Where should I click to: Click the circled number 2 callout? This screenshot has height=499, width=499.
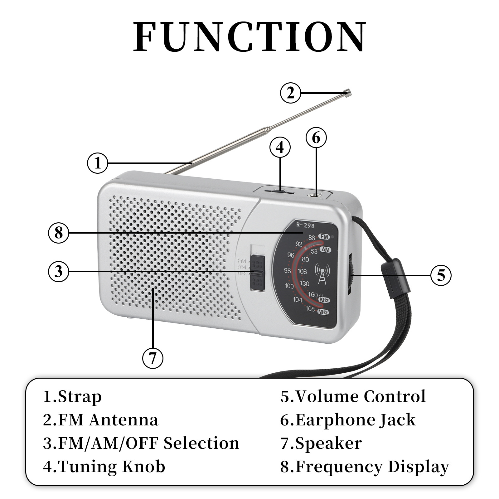[290, 93]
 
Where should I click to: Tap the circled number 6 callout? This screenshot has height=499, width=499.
[316, 138]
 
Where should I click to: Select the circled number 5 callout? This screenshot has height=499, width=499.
[441, 275]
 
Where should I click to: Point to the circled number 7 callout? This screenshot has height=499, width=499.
[153, 358]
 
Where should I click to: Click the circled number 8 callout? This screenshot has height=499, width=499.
[59, 233]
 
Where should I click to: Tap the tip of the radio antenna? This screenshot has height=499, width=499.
[347, 92]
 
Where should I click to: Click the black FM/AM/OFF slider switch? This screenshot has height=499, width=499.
[258, 272]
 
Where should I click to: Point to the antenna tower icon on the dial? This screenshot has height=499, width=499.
[322, 274]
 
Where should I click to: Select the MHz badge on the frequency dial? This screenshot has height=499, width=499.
[323, 312]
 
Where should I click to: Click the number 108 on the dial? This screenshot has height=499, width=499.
[310, 309]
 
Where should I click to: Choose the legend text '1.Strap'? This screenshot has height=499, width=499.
[72, 397]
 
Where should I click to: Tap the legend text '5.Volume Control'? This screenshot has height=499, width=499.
[353, 397]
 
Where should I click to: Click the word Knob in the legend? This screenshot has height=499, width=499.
[143, 467]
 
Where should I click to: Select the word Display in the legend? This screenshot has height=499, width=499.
[418, 467]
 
